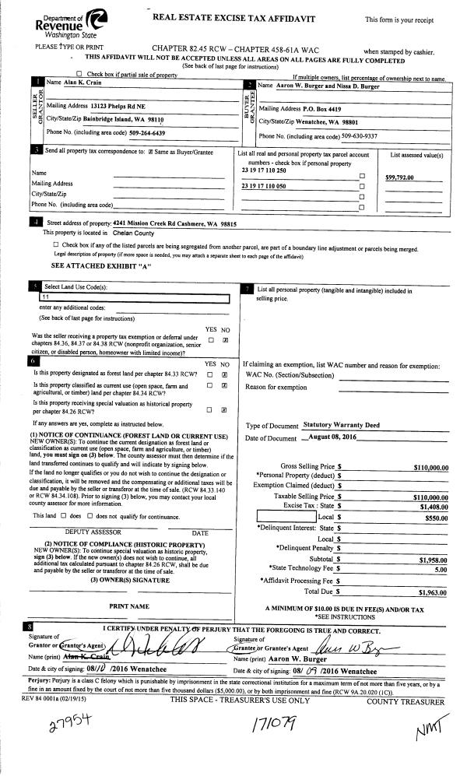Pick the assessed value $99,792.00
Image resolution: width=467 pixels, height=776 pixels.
403,177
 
